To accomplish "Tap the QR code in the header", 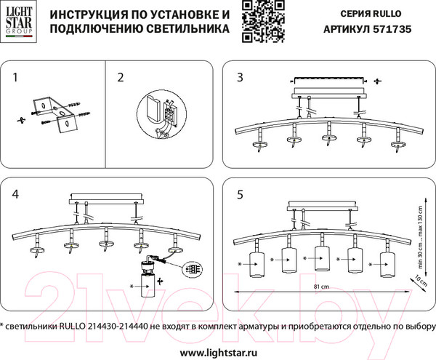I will tap(257, 20).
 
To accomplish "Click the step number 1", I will tap(16, 76).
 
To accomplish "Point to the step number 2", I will tap(121, 76).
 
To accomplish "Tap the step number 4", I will tap(17, 195).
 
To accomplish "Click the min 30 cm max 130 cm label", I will tap(420, 231).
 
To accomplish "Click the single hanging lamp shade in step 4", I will tap(145, 287).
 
